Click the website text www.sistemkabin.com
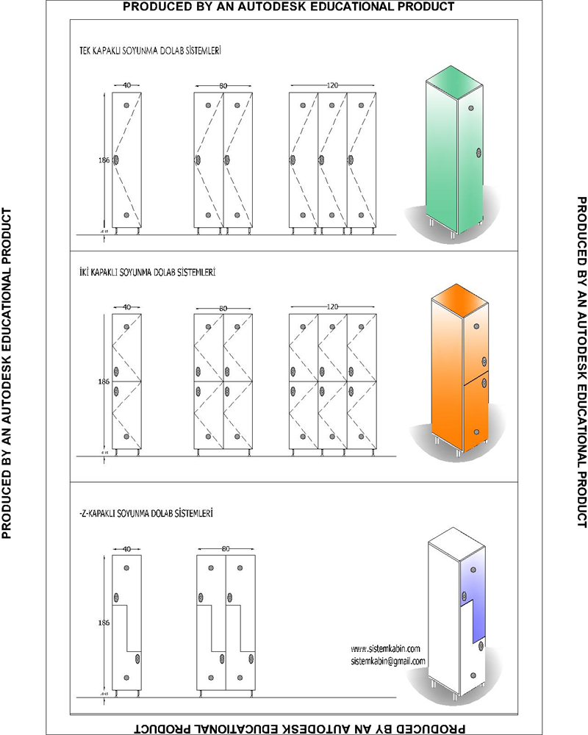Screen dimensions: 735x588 tap(385, 648)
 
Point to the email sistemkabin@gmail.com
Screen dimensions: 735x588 tap(388, 661)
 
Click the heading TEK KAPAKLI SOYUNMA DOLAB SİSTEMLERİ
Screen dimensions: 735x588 tap(151, 52)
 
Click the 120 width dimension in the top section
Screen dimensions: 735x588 tap(332, 86)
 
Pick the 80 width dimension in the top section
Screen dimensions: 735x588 tap(223, 86)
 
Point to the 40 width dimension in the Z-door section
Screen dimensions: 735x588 tap(126, 549)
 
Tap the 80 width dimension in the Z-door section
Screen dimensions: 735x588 tap(226, 549)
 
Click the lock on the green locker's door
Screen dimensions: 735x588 tap(478, 153)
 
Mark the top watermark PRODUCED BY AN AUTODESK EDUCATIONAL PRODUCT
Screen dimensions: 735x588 tap(288, 7)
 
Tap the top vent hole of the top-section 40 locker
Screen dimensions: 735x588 tap(126, 105)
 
